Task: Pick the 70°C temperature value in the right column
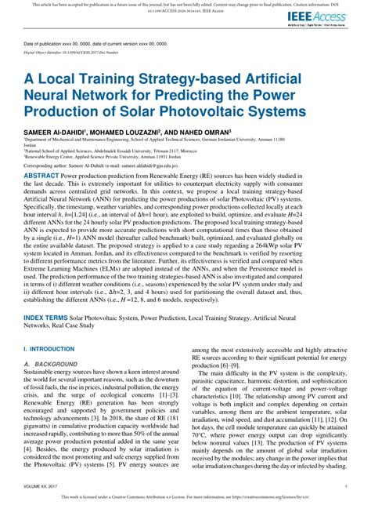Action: click(200, 455)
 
